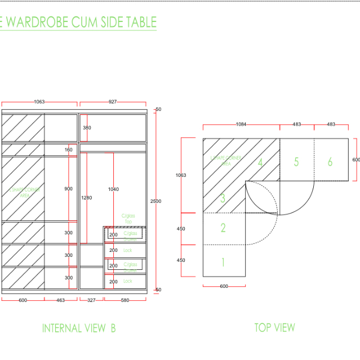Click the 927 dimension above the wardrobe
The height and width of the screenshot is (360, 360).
[x=113, y=102]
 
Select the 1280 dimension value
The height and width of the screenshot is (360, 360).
[x=86, y=198]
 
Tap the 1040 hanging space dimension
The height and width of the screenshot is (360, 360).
[x=113, y=189]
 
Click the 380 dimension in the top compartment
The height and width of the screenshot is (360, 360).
[x=87, y=128]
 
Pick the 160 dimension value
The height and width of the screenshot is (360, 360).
[x=69, y=150]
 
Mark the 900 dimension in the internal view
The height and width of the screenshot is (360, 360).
[x=68, y=189]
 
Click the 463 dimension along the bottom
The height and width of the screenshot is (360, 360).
[x=60, y=300]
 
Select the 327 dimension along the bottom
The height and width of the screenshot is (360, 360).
[x=91, y=300]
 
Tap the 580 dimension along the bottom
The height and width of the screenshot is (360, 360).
[x=125, y=300]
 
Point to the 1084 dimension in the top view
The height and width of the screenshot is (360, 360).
[x=241, y=124]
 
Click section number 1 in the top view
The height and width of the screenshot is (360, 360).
[x=223, y=262]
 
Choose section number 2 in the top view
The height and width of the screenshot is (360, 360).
[x=223, y=228]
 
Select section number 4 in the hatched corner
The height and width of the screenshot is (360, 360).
[x=260, y=162]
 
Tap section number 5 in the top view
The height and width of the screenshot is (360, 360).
[x=296, y=162]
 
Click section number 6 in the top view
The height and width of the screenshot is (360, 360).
[x=330, y=162]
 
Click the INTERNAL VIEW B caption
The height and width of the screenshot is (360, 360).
[x=79, y=328]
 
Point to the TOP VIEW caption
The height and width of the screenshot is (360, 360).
[x=274, y=327]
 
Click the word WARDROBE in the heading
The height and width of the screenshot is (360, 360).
[x=38, y=23]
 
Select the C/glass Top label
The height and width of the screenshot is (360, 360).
[x=128, y=219]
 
